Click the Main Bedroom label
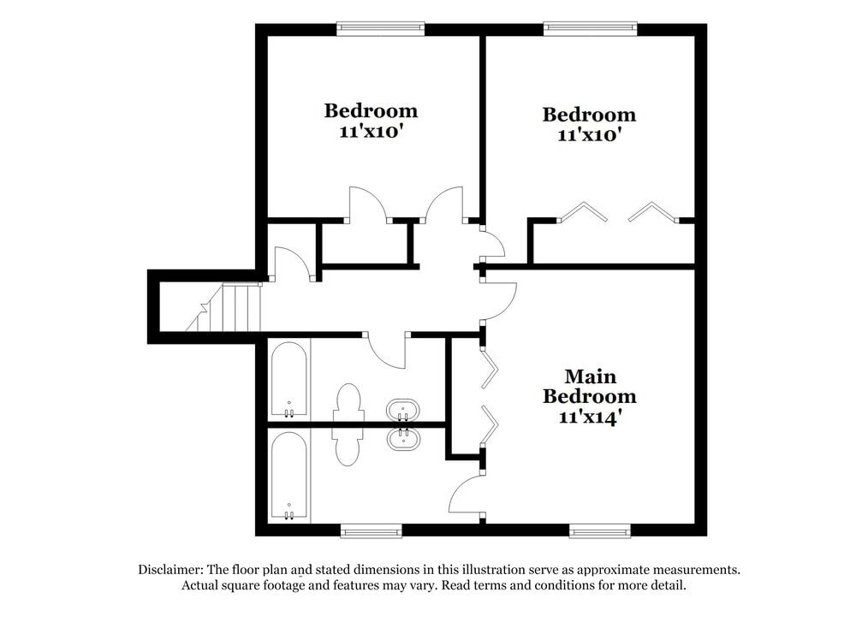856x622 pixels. click(x=590, y=386)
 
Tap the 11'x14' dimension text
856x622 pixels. click(x=590, y=418)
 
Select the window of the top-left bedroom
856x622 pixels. click(x=380, y=28)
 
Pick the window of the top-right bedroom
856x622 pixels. click(x=590, y=28)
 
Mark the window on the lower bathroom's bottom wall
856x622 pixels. click(x=371, y=531)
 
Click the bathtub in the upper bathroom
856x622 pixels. click(x=288, y=381)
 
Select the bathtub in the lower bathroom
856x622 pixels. click(x=288, y=476)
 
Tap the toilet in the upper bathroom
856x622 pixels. click(x=348, y=403)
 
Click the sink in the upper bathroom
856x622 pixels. click(x=401, y=411)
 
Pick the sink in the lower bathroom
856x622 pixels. click(x=401, y=439)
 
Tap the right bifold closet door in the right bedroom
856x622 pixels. click(x=653, y=210)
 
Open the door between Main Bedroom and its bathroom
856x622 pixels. click(x=467, y=496)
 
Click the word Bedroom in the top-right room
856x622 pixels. click(x=590, y=115)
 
